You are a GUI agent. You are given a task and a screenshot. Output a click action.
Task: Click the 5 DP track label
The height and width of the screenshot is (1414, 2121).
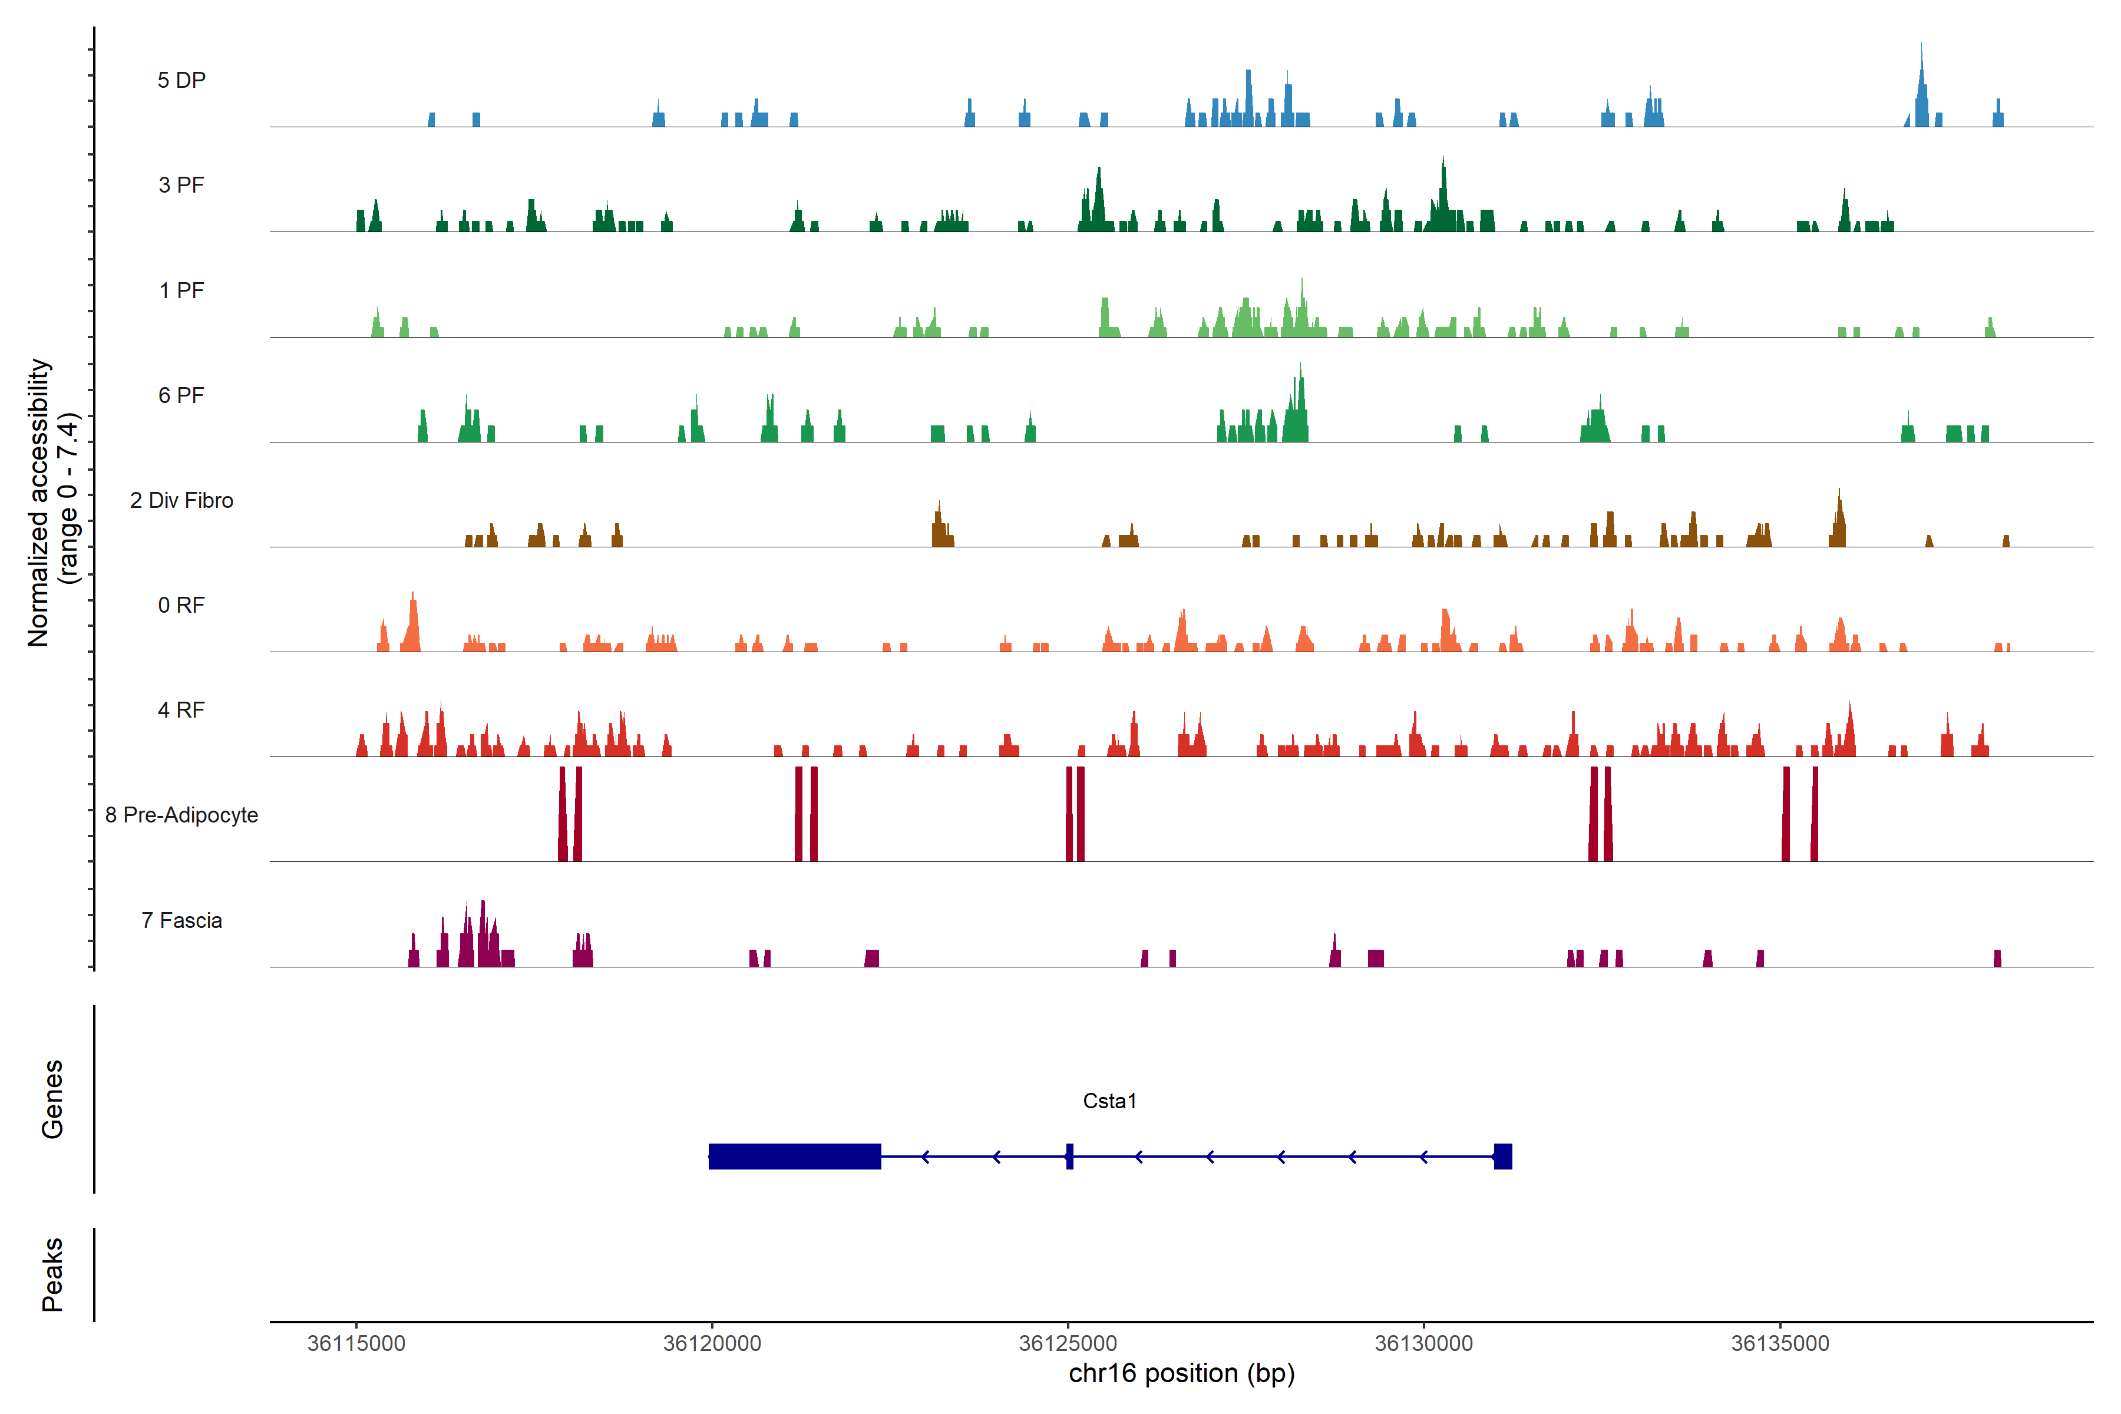181,80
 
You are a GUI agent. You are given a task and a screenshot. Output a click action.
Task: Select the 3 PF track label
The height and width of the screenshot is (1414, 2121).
181,185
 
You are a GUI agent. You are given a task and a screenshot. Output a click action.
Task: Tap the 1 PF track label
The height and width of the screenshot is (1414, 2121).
181,290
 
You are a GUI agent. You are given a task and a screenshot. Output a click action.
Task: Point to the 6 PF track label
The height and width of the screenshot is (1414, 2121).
181,395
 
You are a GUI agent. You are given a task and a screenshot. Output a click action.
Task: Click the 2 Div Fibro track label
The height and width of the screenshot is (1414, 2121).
181,500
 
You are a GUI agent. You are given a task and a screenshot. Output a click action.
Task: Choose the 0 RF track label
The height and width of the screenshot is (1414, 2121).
181,605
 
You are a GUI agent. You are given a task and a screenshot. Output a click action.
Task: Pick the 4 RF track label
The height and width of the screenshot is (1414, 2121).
181,710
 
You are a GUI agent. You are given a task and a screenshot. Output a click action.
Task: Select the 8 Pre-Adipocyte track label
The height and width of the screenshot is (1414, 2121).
181,815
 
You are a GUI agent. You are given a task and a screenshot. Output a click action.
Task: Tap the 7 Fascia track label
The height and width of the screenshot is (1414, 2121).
181,920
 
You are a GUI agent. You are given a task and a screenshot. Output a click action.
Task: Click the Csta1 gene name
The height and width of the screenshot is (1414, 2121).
1109,1101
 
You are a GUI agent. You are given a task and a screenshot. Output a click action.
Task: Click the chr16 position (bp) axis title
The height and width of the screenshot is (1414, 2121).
1181,1373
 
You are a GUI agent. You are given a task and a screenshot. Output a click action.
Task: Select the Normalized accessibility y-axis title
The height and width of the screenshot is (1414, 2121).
52,503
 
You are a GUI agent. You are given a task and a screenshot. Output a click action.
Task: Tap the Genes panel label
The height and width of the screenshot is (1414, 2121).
52,1099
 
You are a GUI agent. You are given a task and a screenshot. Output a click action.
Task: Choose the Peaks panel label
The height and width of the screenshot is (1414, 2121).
52,1274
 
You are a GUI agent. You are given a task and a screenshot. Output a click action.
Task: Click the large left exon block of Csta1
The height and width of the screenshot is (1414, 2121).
794,1156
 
